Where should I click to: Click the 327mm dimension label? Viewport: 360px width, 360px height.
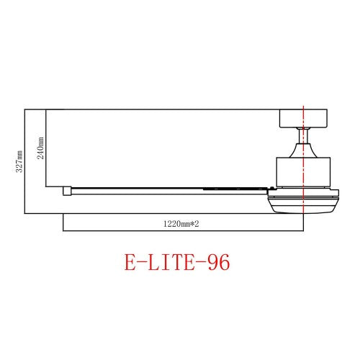20,161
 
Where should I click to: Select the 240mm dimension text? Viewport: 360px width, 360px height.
41,149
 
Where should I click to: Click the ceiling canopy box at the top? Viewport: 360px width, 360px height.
303,117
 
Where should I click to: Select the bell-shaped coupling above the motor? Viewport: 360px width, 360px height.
303,150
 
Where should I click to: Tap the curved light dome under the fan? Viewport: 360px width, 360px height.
302,205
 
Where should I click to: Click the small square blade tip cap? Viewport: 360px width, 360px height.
66,191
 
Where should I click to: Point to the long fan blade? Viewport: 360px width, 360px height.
144,191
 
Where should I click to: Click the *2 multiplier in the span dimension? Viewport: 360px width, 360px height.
194,224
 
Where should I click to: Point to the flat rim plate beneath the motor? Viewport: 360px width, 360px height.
302,192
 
